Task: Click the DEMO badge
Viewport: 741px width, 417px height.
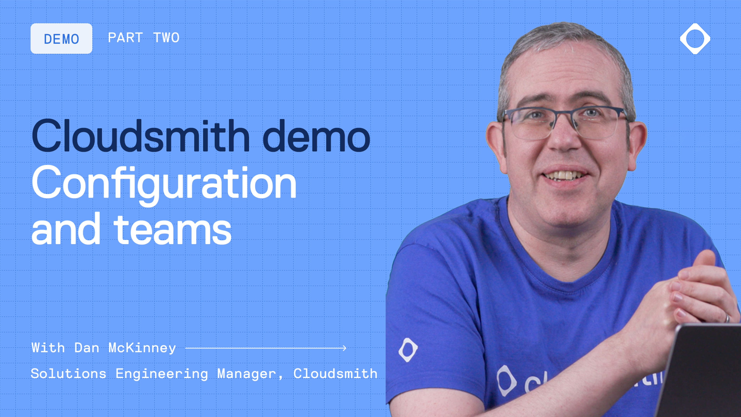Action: click(x=61, y=39)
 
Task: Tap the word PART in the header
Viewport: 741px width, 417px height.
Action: click(x=125, y=38)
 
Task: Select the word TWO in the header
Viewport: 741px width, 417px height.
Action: click(x=166, y=38)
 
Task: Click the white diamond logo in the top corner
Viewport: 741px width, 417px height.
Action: click(x=695, y=39)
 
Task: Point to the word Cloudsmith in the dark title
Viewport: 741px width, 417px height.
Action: click(x=140, y=136)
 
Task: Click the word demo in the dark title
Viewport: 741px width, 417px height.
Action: click(x=316, y=136)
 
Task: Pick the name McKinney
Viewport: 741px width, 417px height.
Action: click(x=142, y=348)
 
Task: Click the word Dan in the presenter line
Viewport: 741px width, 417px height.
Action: click(x=87, y=348)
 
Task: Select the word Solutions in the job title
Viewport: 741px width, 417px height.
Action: click(x=69, y=374)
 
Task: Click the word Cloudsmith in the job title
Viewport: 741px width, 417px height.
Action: click(x=335, y=374)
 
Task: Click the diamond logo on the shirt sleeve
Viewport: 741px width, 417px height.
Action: click(x=408, y=350)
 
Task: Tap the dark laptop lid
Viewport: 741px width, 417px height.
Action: click(x=702, y=371)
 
